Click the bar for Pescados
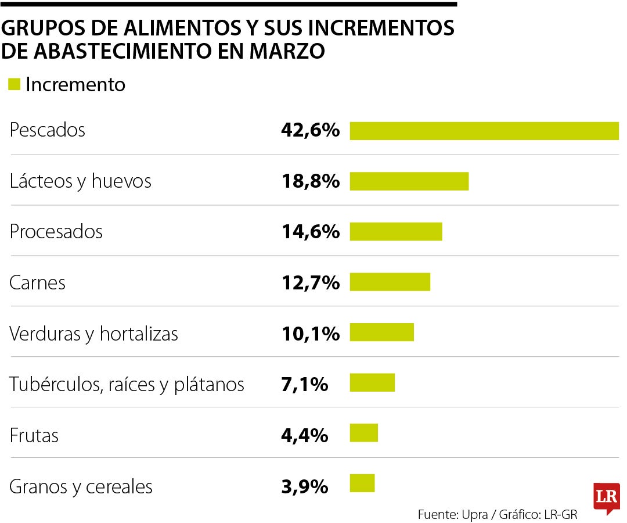[484, 131]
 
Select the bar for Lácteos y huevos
[409, 181]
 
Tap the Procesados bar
[396, 232]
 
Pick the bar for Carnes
[390, 282]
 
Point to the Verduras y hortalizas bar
[381, 333]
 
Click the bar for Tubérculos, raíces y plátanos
[372, 384]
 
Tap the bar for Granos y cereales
[362, 484]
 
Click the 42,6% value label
[310, 130]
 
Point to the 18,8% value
[310, 181]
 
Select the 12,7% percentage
[310, 283]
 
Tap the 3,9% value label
[304, 486]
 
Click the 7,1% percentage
[304, 384]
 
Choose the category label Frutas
[34, 435]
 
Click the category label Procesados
[56, 232]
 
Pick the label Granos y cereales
[81, 486]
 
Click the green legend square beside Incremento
[15, 84]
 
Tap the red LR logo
[607, 497]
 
